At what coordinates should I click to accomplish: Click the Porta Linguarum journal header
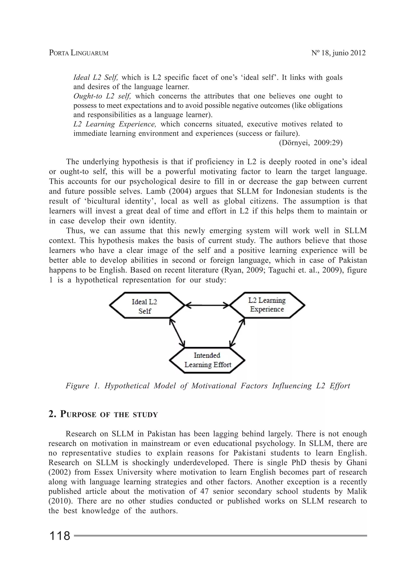coord(79,53)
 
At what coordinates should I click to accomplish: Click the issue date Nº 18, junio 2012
coord(338,53)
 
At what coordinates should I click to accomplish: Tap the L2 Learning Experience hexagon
coord(267,305)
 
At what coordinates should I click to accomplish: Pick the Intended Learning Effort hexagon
coord(207,360)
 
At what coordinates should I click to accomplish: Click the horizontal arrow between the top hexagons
coord(207,305)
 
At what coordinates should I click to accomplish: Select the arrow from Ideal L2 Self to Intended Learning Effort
coord(177,333)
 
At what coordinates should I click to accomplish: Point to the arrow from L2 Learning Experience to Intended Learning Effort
coord(237,333)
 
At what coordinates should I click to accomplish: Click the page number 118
coord(60,536)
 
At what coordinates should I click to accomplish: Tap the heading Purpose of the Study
coord(103,415)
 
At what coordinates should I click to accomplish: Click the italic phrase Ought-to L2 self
coord(102,96)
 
